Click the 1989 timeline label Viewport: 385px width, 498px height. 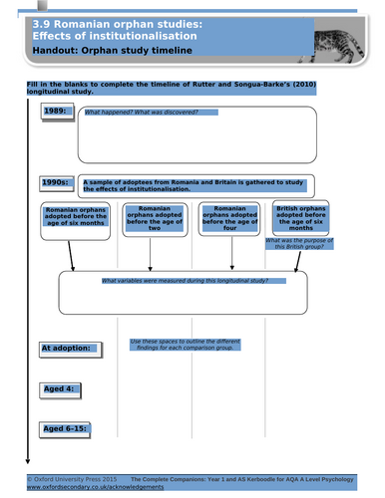56,112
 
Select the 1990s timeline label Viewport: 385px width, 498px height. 56,183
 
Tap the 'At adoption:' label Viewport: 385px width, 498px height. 71,348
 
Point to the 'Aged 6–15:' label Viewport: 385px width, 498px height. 66,428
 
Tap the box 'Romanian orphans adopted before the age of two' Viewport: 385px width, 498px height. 149,220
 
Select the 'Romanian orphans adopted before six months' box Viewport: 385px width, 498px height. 73,224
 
